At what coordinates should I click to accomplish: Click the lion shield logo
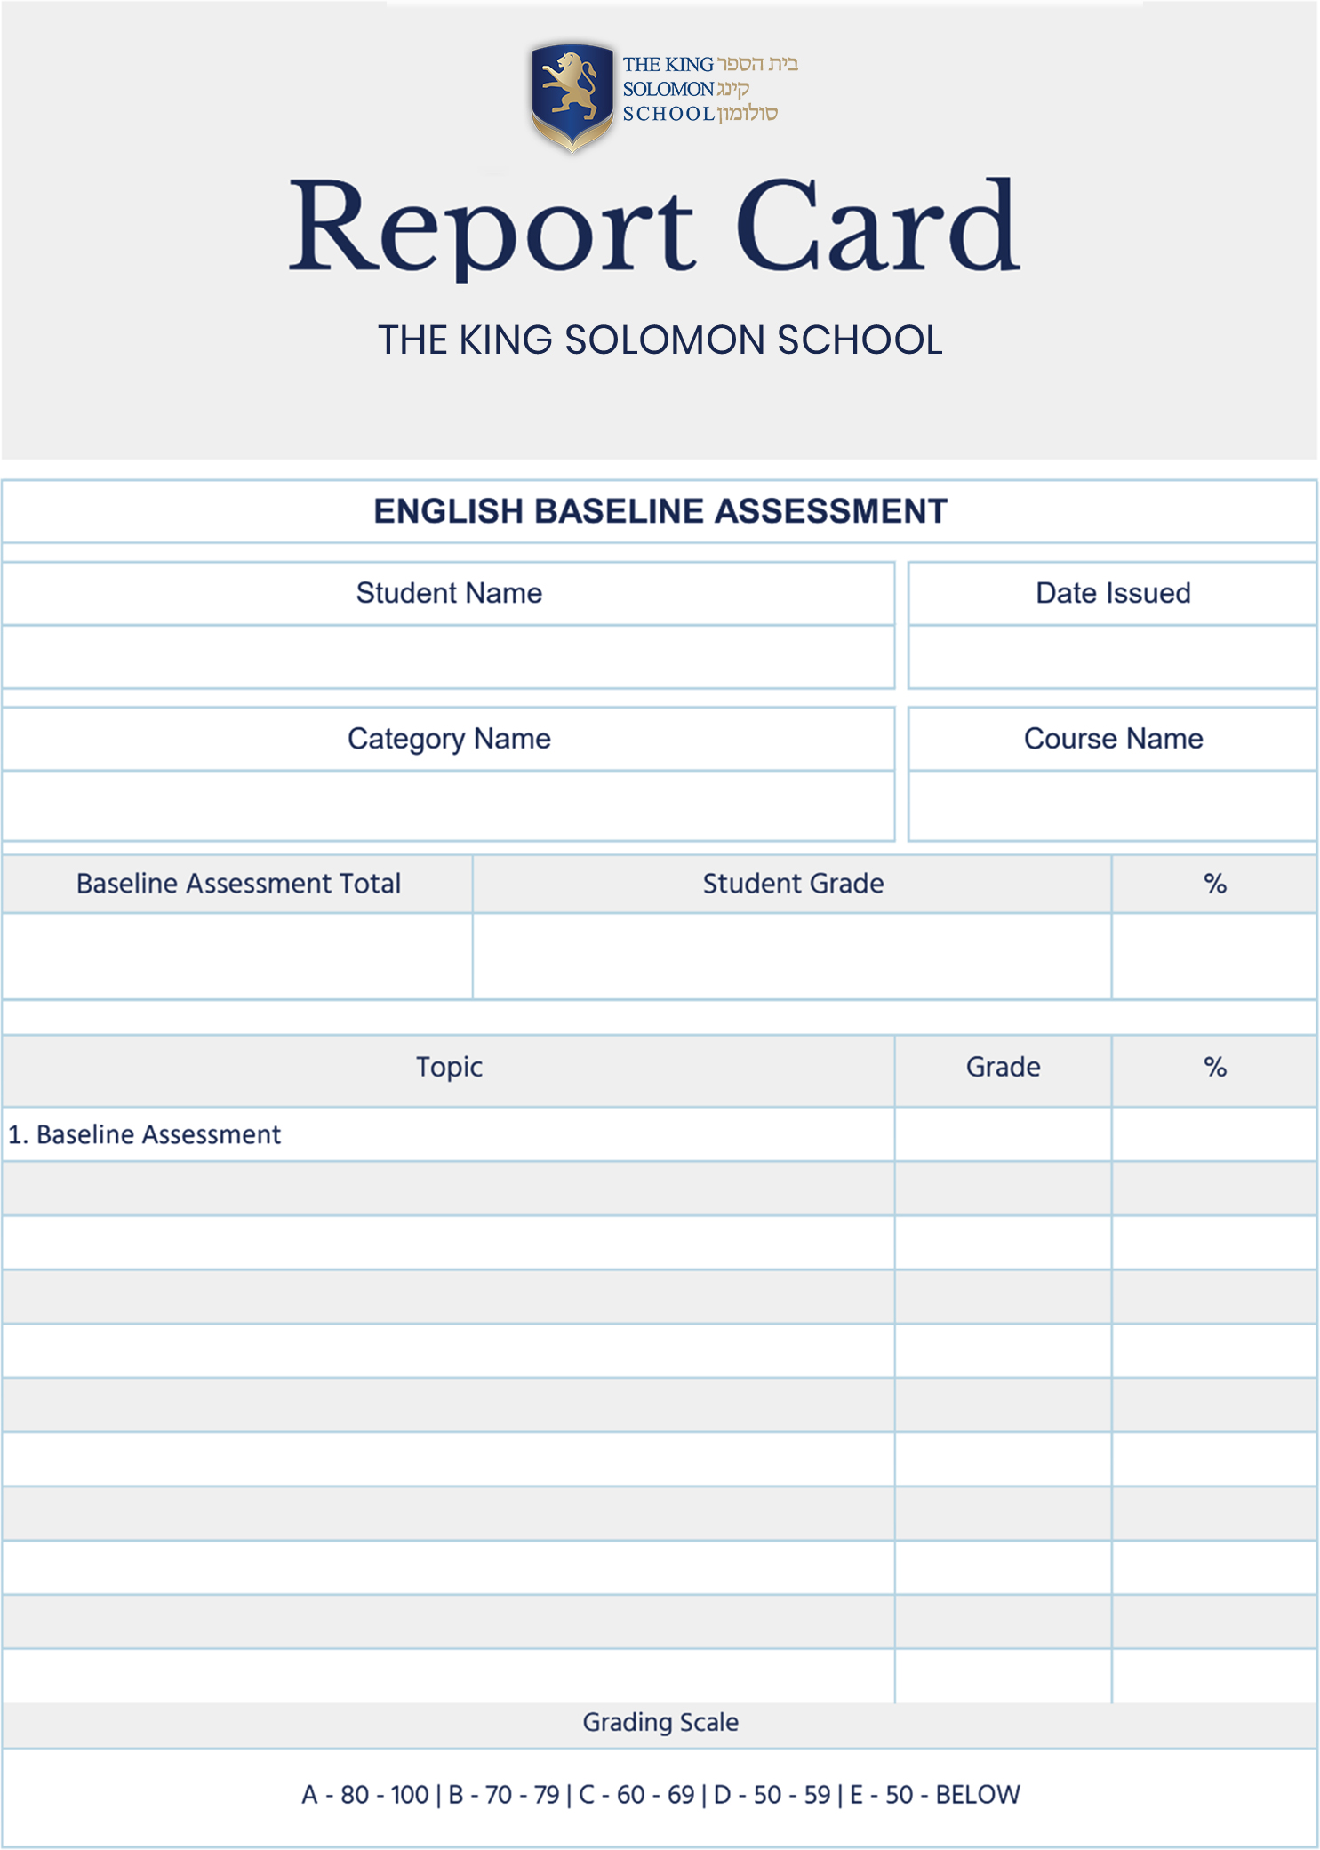pos(572,96)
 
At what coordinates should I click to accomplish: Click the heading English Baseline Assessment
pos(660,511)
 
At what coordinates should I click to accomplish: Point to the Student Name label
pos(449,593)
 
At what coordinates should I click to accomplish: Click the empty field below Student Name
pos(449,657)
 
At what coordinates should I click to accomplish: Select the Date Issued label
pos(1112,593)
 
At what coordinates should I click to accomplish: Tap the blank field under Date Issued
pos(1112,657)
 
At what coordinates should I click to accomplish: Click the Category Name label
pos(449,739)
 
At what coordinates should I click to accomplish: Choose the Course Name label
pos(1112,739)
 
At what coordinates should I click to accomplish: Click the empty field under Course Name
pos(1112,805)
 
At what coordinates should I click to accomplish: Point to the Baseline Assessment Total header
pos(238,884)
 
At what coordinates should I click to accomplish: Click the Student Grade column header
pos(793,884)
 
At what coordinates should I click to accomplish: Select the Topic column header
pos(449,1067)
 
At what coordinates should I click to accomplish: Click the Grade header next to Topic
pos(1003,1067)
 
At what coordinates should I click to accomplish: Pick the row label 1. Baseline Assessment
pos(144,1134)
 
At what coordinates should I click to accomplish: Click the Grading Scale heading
pos(660,1722)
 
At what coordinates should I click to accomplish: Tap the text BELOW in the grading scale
pos(977,1795)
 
